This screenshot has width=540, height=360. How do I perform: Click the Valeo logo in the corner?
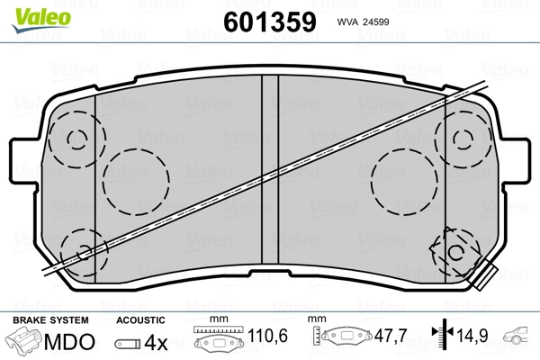41,20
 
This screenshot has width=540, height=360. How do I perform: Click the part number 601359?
270,22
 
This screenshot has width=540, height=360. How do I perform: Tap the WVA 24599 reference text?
363,22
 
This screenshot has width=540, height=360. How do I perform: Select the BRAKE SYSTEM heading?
50,320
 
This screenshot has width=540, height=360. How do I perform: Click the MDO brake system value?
69,342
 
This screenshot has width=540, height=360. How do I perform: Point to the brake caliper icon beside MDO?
24,340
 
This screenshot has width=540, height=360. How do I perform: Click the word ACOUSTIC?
140,320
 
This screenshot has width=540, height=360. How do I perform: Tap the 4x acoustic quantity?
156,342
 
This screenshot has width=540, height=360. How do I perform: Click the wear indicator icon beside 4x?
128,344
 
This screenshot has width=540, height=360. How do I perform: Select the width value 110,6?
267,336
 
